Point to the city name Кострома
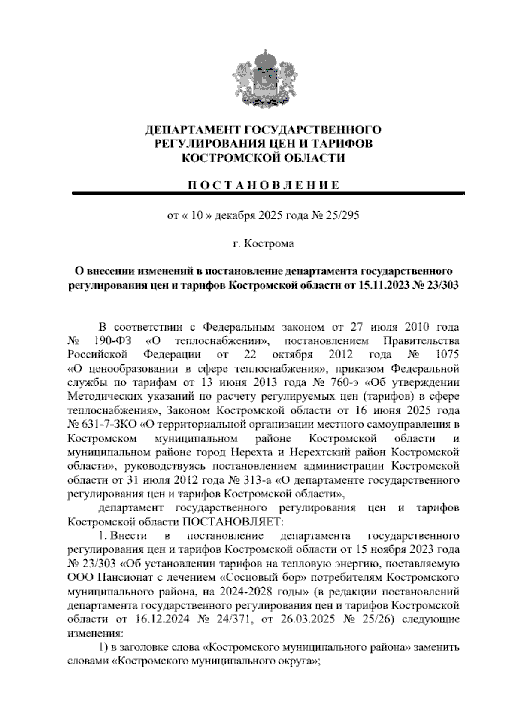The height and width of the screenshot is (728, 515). (x=269, y=244)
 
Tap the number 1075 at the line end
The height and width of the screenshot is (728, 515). (x=447, y=355)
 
